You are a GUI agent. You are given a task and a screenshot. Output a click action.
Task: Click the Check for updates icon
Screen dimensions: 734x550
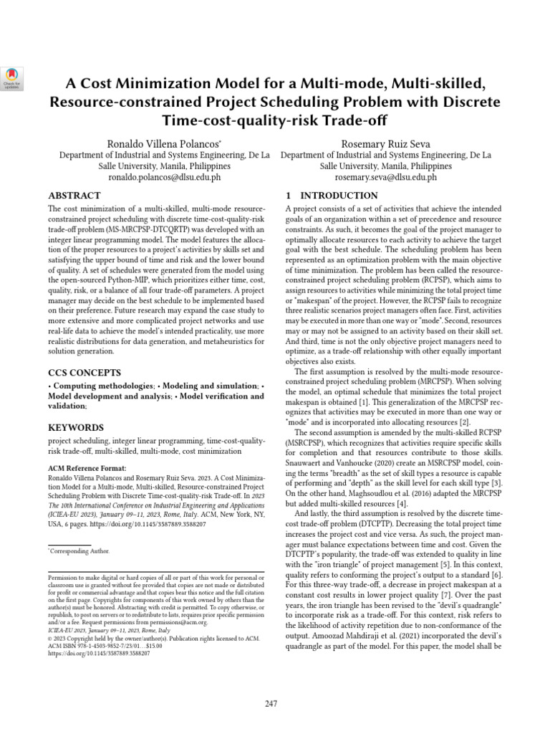click(13, 77)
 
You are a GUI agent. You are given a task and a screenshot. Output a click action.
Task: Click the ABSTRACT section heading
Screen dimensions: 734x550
click(74, 196)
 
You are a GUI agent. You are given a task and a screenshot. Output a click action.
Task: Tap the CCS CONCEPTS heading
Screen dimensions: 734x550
click(84, 373)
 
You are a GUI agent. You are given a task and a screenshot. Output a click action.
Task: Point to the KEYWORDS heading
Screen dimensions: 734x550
click(76, 427)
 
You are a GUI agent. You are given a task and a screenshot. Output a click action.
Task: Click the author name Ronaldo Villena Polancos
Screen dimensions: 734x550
click(164, 143)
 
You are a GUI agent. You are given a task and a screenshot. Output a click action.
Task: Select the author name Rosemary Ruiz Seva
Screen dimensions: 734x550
click(385, 143)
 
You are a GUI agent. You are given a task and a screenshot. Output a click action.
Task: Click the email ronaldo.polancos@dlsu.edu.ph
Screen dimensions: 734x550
click(164, 176)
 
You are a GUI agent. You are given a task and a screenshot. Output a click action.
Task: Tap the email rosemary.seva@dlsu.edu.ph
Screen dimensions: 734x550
click(385, 176)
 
